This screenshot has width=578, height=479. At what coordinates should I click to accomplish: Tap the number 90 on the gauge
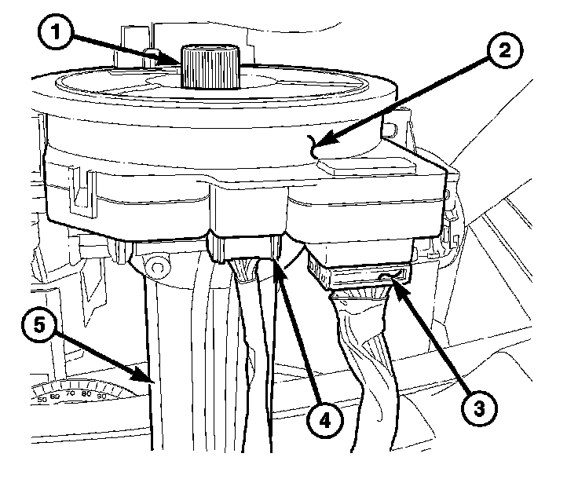coord(101,396)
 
